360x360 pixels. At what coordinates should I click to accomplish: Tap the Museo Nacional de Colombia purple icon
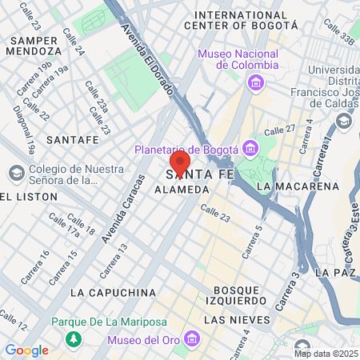click(255, 82)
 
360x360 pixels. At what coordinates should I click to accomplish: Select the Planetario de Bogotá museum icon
click(250, 148)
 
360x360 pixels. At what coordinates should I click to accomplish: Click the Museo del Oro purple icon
click(190, 339)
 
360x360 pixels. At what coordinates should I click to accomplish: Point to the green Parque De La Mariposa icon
click(74, 339)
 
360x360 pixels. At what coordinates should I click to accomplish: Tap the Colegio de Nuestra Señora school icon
click(16, 174)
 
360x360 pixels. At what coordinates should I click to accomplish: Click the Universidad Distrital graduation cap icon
click(343, 121)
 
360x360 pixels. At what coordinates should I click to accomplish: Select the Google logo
click(26, 350)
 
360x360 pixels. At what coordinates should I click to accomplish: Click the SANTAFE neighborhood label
click(73, 139)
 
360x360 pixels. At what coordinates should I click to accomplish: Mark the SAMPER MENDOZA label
click(33, 45)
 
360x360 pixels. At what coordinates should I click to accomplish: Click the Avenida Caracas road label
click(121, 209)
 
